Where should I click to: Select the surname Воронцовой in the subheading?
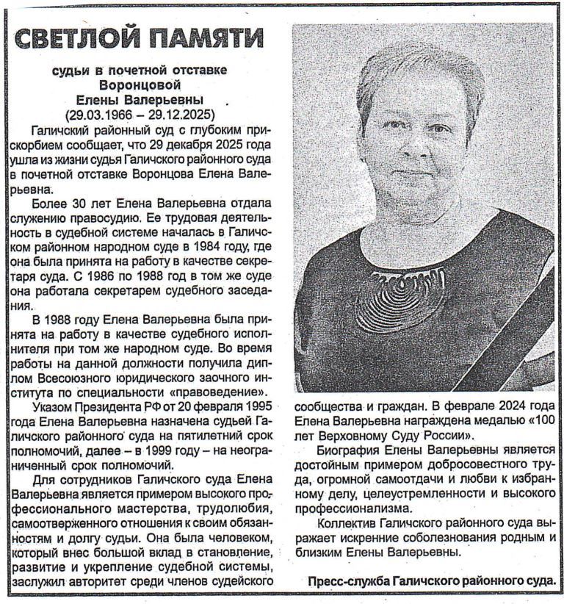(x=140, y=85)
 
